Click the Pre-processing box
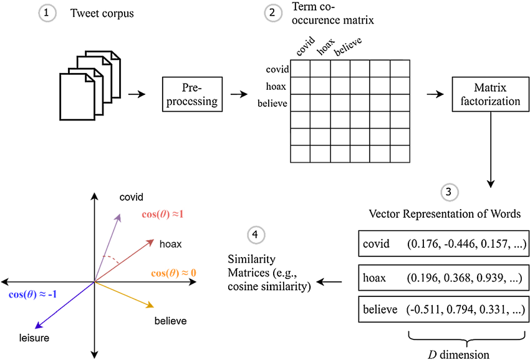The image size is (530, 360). [x=193, y=94]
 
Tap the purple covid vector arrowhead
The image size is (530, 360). [x=118, y=213]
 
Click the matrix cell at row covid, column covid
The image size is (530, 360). [x=301, y=68]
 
